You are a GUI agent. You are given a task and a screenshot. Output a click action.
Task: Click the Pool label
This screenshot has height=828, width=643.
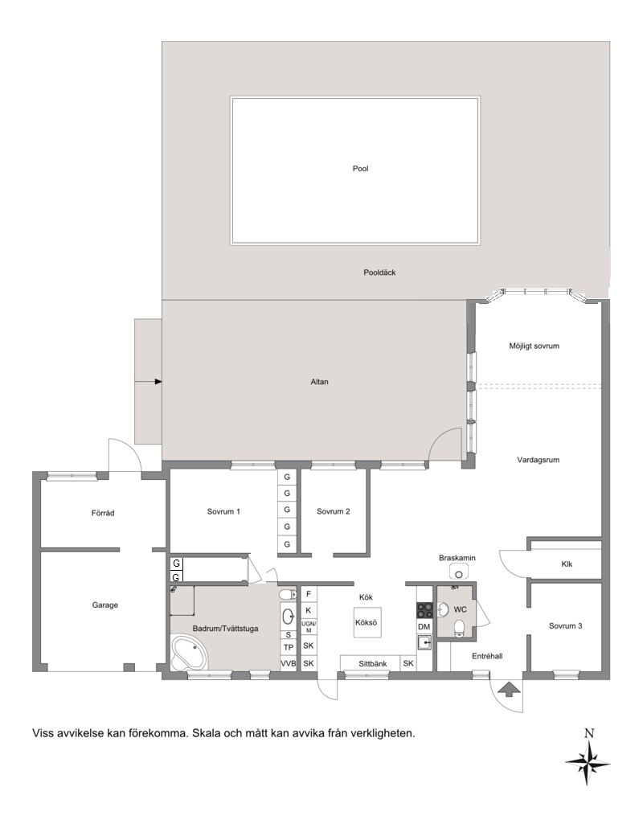[361, 169]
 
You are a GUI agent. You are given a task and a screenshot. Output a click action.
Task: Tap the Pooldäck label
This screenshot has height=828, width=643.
[379, 273]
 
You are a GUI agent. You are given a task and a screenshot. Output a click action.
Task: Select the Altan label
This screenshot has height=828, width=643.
[319, 382]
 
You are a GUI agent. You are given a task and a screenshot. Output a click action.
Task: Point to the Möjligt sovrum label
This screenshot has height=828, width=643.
[534, 346]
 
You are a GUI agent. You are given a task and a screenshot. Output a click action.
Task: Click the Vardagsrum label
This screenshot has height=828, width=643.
[538, 460]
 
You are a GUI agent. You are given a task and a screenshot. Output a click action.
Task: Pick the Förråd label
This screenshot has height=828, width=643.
[103, 513]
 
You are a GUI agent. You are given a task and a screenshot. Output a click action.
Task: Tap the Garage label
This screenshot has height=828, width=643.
[105, 605]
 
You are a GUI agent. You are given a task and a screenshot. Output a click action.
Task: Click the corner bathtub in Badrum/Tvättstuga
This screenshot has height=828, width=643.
[190, 654]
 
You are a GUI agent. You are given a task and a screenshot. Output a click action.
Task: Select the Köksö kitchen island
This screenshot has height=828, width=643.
[367, 622]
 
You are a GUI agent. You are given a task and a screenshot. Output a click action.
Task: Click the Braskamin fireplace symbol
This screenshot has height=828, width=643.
[459, 572]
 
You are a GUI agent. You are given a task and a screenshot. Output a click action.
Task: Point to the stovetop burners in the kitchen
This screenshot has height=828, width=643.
[424, 610]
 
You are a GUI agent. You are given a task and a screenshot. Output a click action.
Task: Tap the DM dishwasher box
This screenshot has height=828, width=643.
[424, 627]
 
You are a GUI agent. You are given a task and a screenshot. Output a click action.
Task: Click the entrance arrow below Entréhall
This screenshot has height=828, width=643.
[509, 689]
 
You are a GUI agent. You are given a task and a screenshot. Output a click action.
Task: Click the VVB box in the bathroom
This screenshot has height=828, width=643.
[289, 663]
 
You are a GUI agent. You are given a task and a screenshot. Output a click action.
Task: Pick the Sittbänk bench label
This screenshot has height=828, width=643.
[373, 664]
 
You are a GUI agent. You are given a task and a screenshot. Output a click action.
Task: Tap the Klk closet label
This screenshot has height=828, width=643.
[567, 564]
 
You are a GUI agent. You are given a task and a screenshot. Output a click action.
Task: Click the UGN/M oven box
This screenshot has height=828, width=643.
[309, 627]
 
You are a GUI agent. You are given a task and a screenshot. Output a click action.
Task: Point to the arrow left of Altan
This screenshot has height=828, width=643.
[149, 381]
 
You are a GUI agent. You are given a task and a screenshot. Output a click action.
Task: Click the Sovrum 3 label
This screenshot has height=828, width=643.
[565, 625]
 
